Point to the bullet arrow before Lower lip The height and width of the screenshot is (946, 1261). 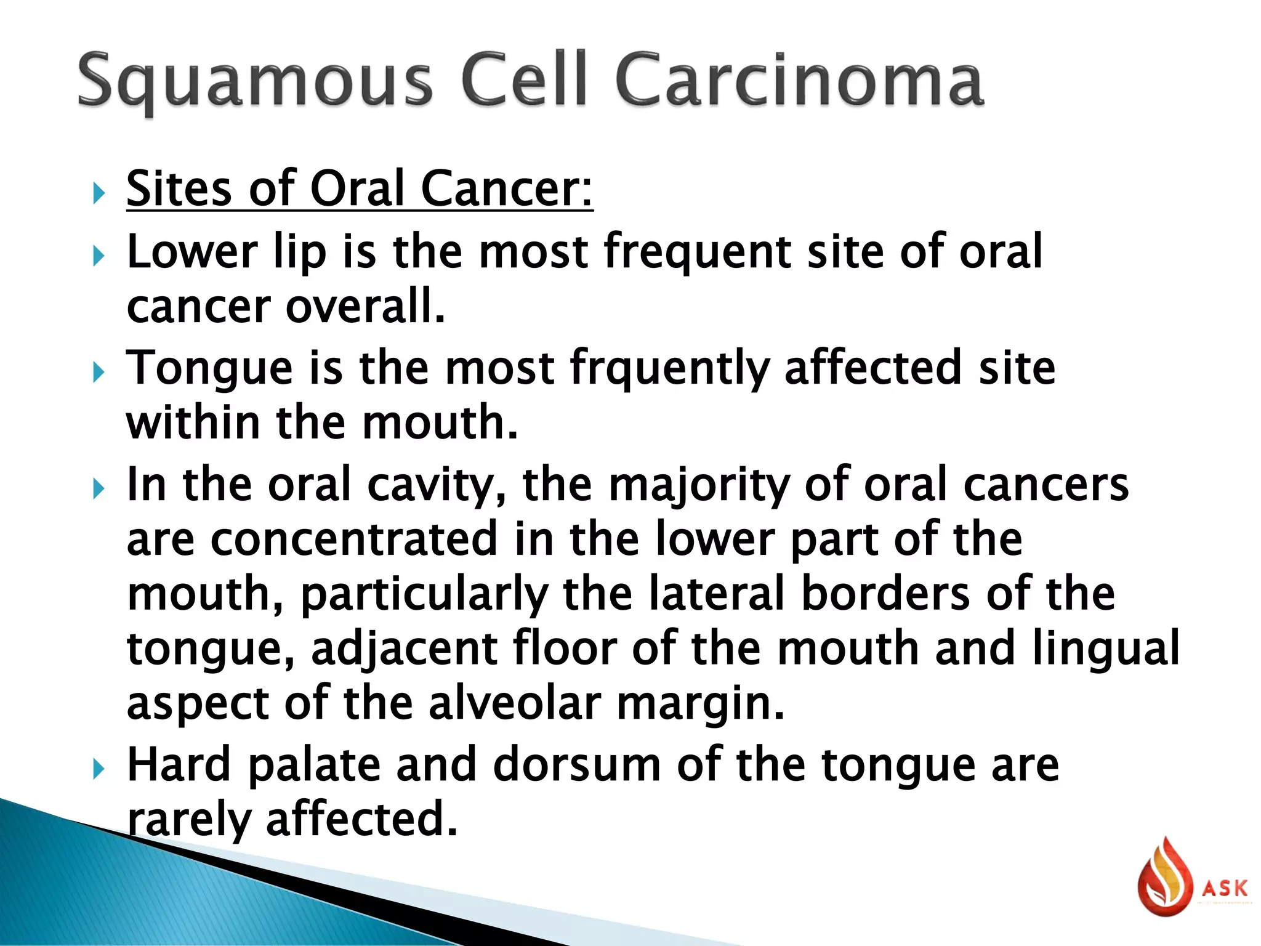point(99,255)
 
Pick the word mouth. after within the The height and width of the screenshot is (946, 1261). point(440,423)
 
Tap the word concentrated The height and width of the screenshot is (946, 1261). point(354,539)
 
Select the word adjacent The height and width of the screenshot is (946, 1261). point(404,649)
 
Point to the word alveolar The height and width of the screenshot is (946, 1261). point(515,703)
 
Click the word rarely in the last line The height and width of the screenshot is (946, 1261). point(188,820)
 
